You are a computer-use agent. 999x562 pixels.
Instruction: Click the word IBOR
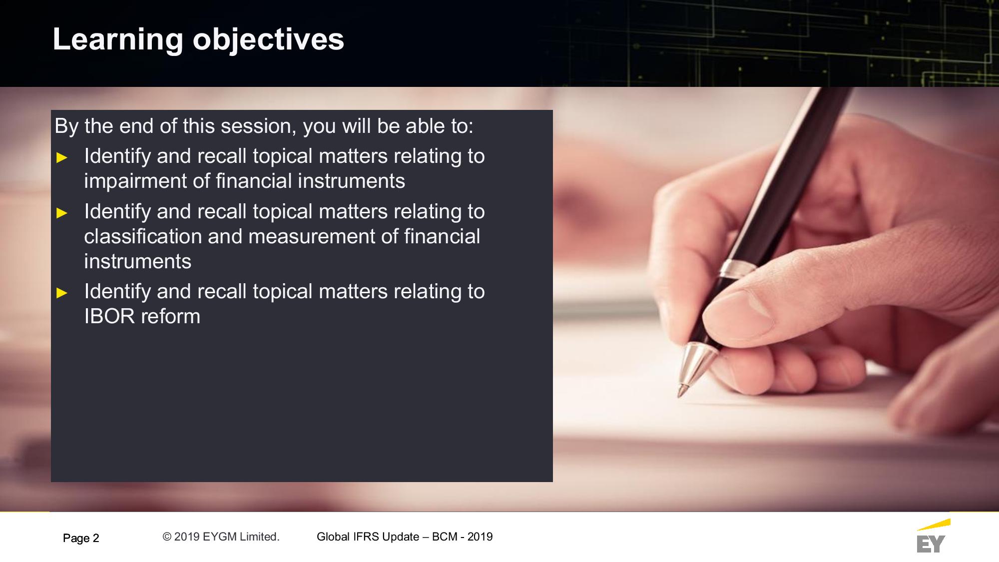click(x=109, y=316)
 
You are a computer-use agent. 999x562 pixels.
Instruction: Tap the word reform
click(x=171, y=316)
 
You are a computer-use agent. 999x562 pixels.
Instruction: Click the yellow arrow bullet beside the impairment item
click(x=62, y=158)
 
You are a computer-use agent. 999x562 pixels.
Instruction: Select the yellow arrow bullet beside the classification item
click(x=62, y=213)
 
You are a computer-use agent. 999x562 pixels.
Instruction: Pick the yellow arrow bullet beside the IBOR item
click(x=62, y=293)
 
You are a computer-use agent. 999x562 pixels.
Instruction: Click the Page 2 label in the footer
click(x=81, y=538)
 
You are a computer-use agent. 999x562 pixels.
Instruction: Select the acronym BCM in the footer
click(x=445, y=537)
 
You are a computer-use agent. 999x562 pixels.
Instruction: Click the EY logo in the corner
click(x=932, y=537)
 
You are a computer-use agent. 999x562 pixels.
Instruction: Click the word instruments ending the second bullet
click(x=138, y=261)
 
